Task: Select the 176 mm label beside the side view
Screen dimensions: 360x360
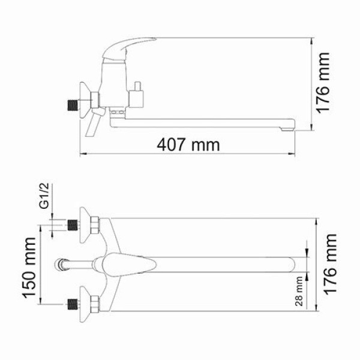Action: pyautogui.click(x=325, y=84)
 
